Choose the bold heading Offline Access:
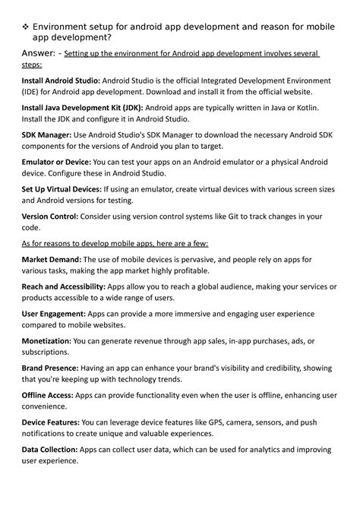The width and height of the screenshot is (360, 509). click(x=49, y=396)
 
